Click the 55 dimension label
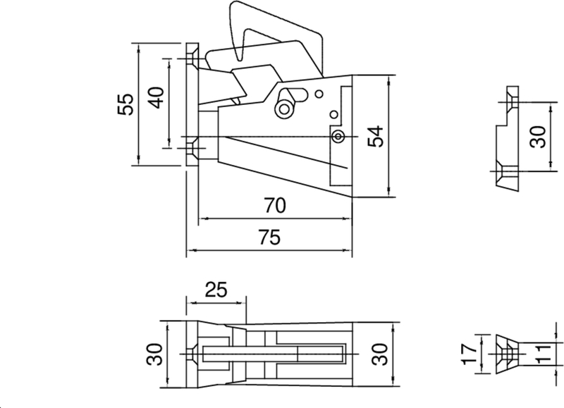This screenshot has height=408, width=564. click(125, 105)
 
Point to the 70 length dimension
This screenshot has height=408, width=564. click(274, 206)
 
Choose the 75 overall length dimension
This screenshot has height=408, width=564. click(269, 238)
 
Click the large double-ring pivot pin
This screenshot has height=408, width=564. click(284, 109)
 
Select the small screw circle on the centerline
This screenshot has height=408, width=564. click(338, 135)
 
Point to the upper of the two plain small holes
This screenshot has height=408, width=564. click(319, 94)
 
